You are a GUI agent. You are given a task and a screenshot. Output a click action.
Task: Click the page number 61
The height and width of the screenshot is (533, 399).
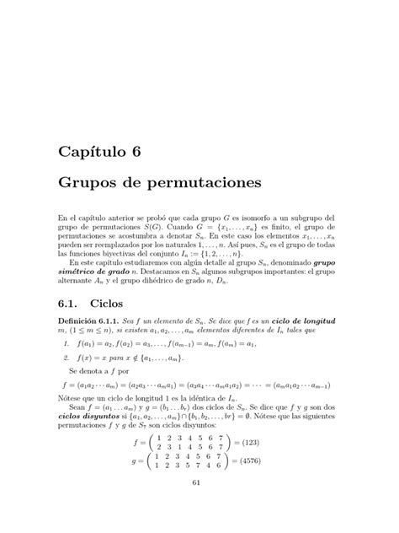pyautogui.click(x=199, y=504)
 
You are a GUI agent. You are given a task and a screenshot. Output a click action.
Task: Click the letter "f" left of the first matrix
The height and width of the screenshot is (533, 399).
pyautogui.click(x=146, y=445)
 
